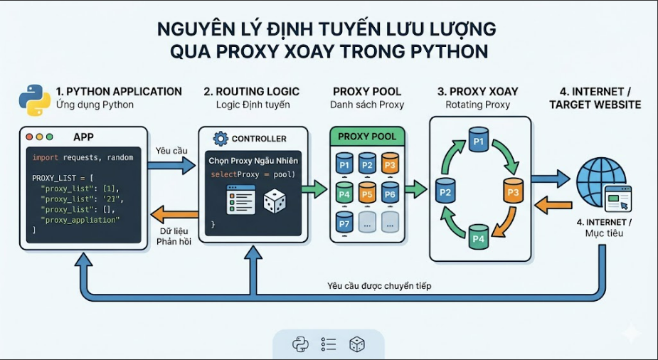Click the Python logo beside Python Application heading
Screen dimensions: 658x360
pyautogui.click(x=35, y=100)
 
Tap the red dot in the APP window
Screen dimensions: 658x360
pyautogui.click(x=29, y=137)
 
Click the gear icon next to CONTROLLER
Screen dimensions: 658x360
pyautogui.click(x=221, y=139)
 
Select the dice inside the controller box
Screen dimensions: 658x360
pyautogui.click(x=275, y=201)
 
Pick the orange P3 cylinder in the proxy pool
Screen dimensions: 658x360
pyautogui.click(x=390, y=163)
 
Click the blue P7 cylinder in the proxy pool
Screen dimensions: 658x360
pyautogui.click(x=344, y=223)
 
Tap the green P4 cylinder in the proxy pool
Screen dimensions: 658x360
pyautogui.click(x=344, y=193)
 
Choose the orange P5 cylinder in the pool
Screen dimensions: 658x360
pyautogui.click(x=367, y=193)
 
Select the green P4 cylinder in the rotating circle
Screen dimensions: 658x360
pyautogui.click(x=479, y=238)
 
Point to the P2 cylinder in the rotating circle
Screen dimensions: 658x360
pyautogui.click(x=445, y=191)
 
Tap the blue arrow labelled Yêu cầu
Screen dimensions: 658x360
pyautogui.click(x=171, y=165)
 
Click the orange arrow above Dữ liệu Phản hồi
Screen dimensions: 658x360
pyautogui.click(x=174, y=214)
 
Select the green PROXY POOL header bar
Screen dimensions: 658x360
pyautogui.click(x=367, y=137)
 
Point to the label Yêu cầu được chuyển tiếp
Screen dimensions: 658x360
pyautogui.click(x=379, y=286)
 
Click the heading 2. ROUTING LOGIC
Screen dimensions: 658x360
pyautogui.click(x=251, y=92)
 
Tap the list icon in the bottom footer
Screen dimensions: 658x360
pyautogui.click(x=328, y=344)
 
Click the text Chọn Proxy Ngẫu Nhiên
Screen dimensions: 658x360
pyautogui.click(x=253, y=161)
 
